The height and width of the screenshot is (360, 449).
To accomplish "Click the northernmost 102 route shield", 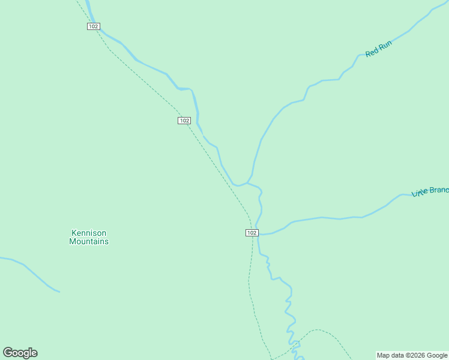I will click(x=93, y=26).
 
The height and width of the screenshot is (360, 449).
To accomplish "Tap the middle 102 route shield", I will click(x=184, y=121).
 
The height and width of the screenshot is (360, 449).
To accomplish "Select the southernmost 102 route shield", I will click(x=252, y=233).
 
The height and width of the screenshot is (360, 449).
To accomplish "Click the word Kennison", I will click(x=89, y=233).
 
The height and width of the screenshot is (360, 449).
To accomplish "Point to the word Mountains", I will click(x=89, y=242).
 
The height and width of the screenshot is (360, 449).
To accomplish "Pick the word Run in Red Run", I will click(x=385, y=46).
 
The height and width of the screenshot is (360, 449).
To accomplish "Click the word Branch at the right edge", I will click(x=437, y=190).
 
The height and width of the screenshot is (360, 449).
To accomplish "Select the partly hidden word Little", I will click(x=418, y=193).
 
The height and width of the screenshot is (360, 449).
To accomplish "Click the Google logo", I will click(x=20, y=353).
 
